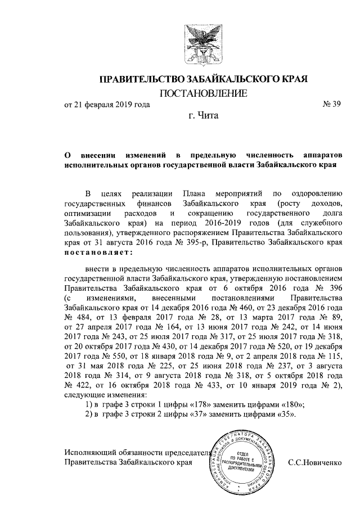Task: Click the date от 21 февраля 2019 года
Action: coord(107,104)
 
